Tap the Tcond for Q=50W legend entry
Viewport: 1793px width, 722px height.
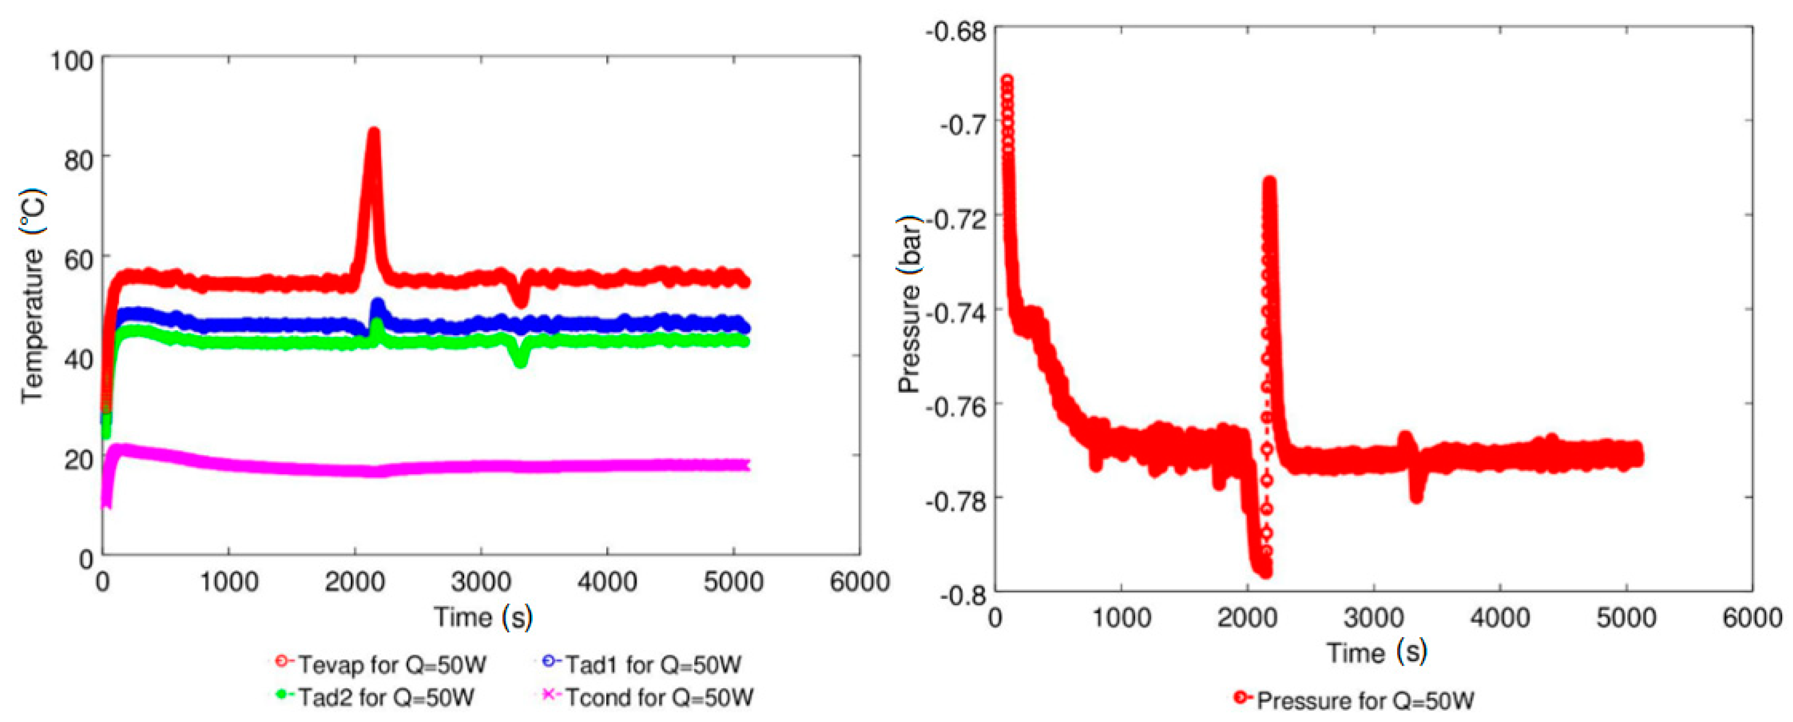click(648, 696)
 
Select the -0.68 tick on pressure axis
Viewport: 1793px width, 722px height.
click(956, 31)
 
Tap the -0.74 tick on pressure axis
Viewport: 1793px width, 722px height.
click(956, 313)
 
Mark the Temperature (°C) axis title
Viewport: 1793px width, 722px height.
click(33, 296)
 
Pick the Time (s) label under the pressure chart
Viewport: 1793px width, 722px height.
click(1376, 652)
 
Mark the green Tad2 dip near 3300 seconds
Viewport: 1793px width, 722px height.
click(520, 361)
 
